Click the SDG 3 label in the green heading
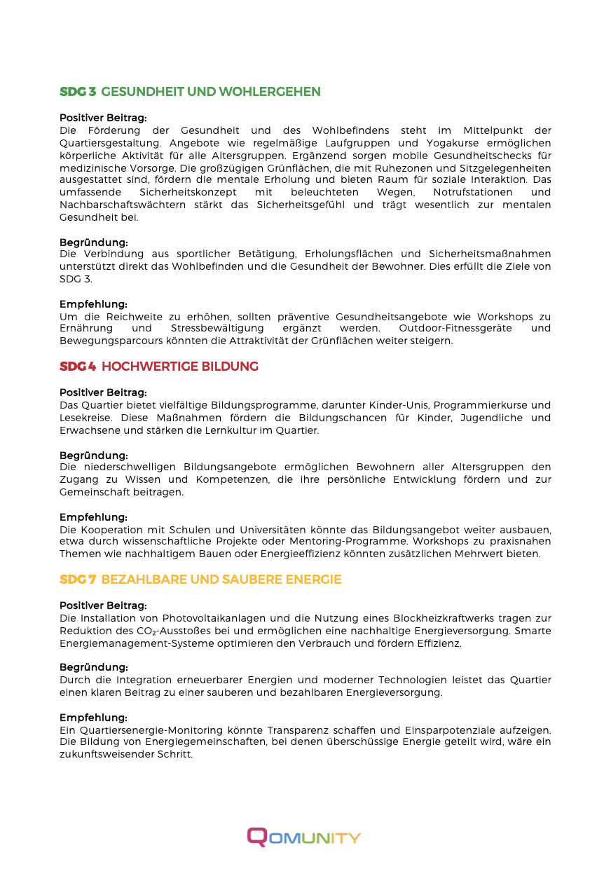pos(78,92)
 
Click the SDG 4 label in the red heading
pos(78,367)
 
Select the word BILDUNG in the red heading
pos(230,367)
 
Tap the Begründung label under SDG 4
pos(93,455)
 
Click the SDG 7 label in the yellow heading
pos(78,580)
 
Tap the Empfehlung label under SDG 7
pos(93,717)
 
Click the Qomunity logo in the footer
pos(304,837)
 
